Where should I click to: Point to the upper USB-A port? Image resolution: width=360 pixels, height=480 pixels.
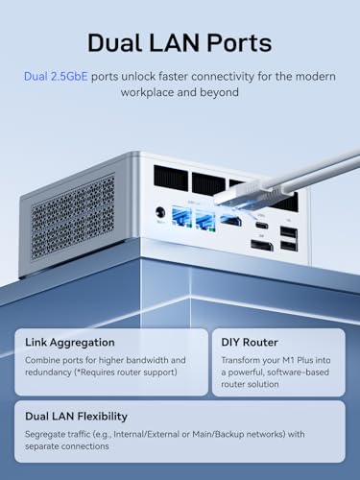coord(290,231)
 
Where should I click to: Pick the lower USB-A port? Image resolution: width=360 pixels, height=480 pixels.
coord(290,248)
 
